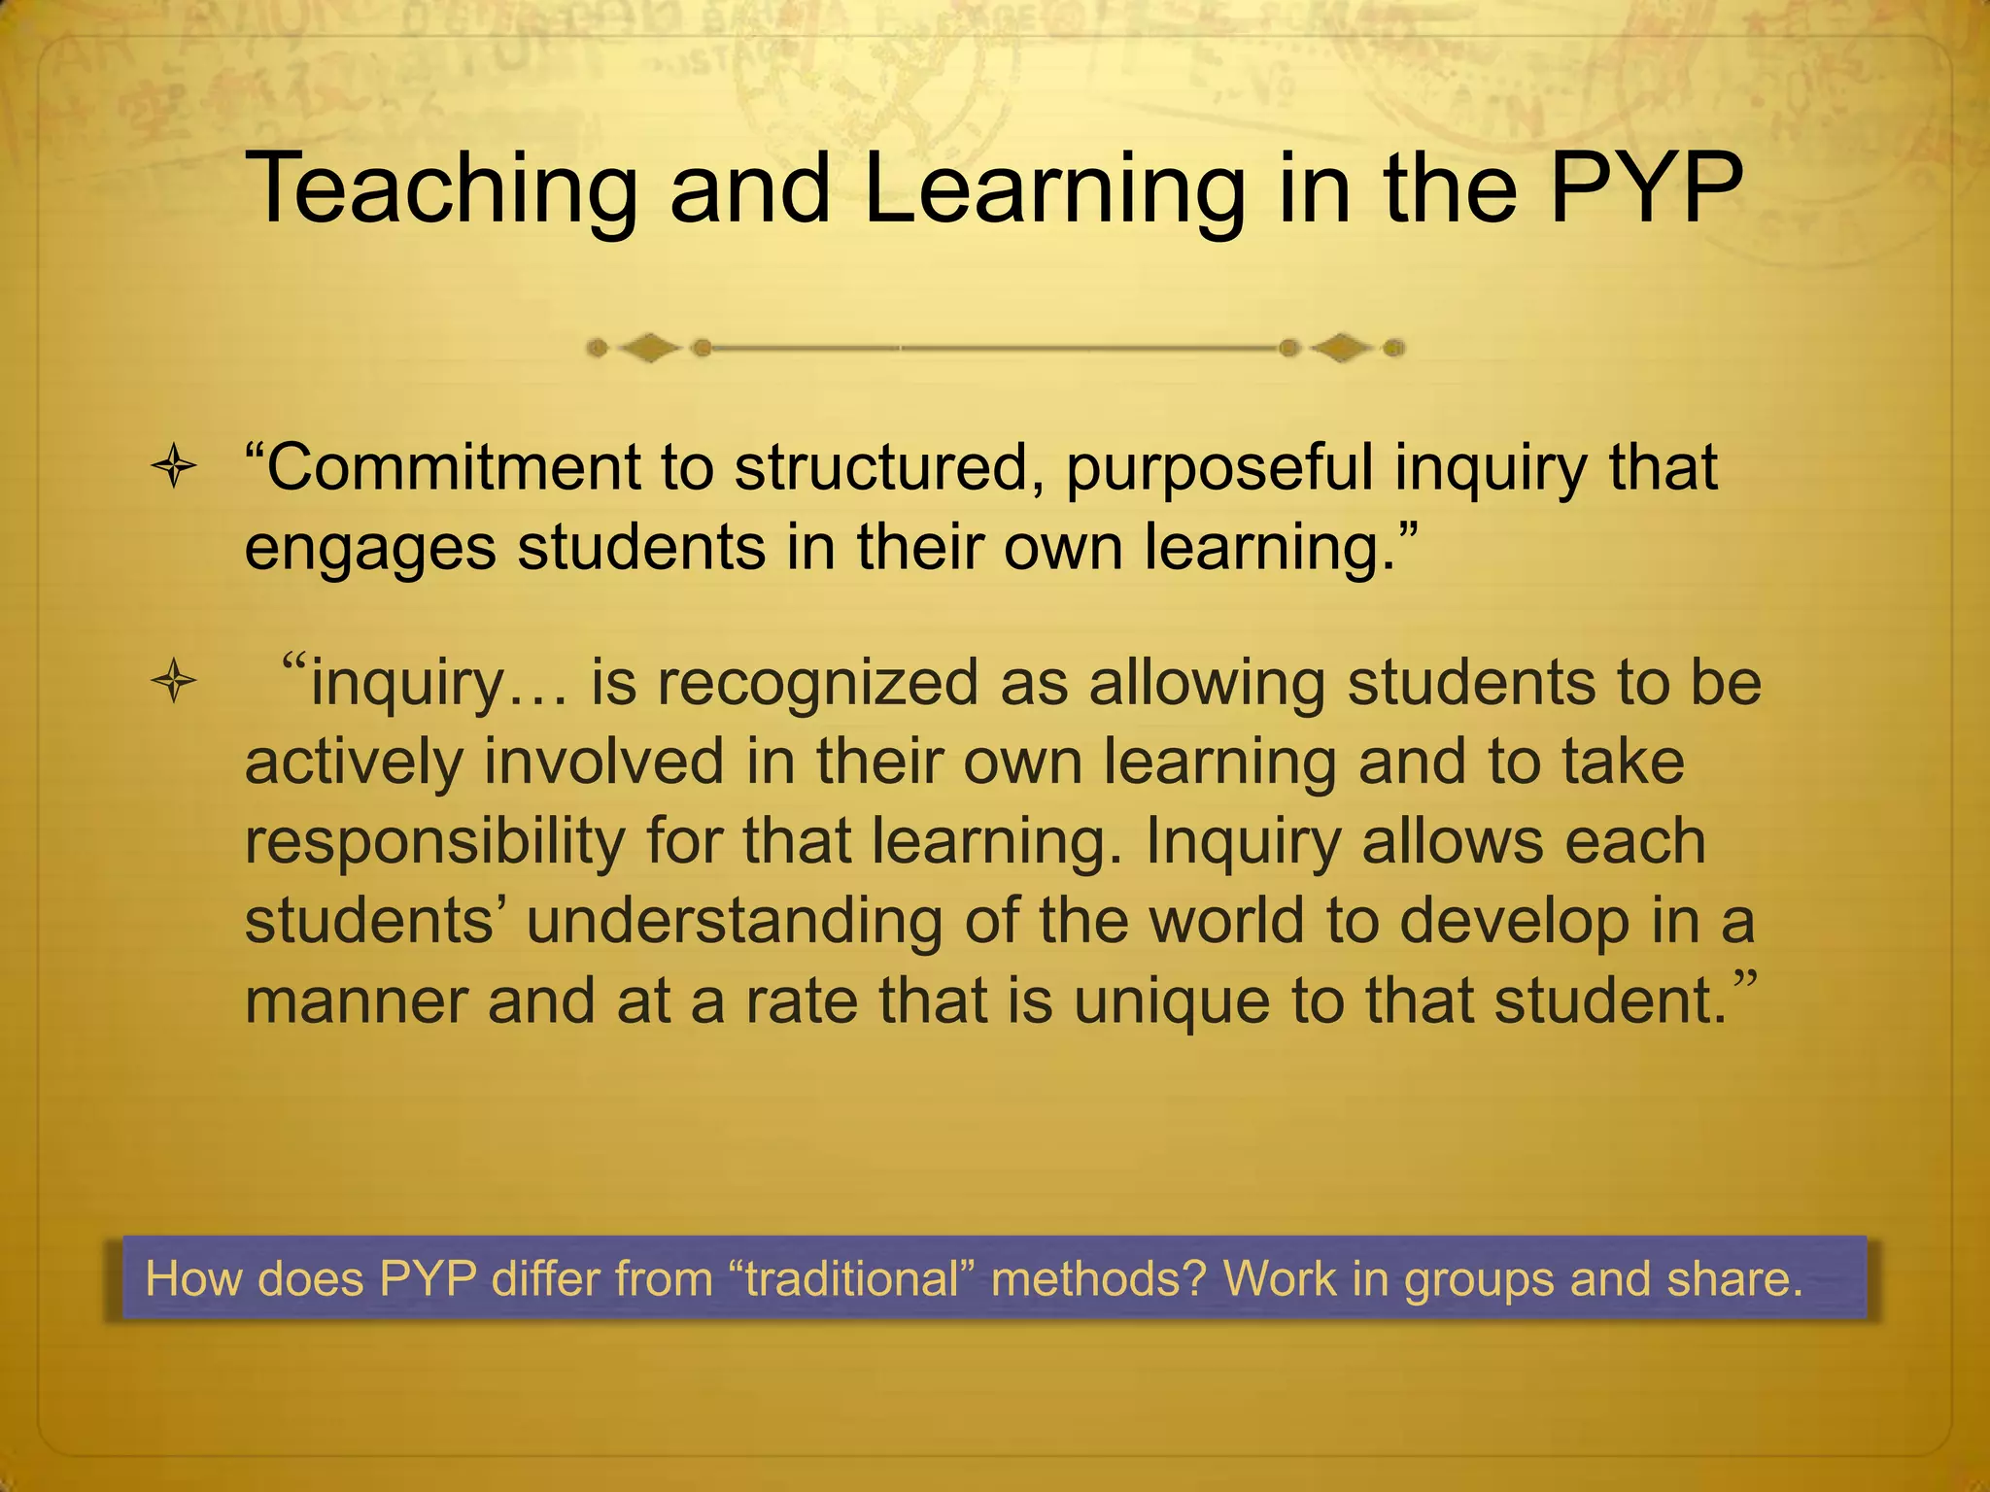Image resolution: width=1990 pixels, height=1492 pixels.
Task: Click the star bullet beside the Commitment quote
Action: (174, 469)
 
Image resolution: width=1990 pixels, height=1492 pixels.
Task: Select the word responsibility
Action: (434, 843)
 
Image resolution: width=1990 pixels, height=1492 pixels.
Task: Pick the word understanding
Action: (734, 921)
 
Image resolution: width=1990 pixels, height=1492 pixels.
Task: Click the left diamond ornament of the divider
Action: (650, 348)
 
